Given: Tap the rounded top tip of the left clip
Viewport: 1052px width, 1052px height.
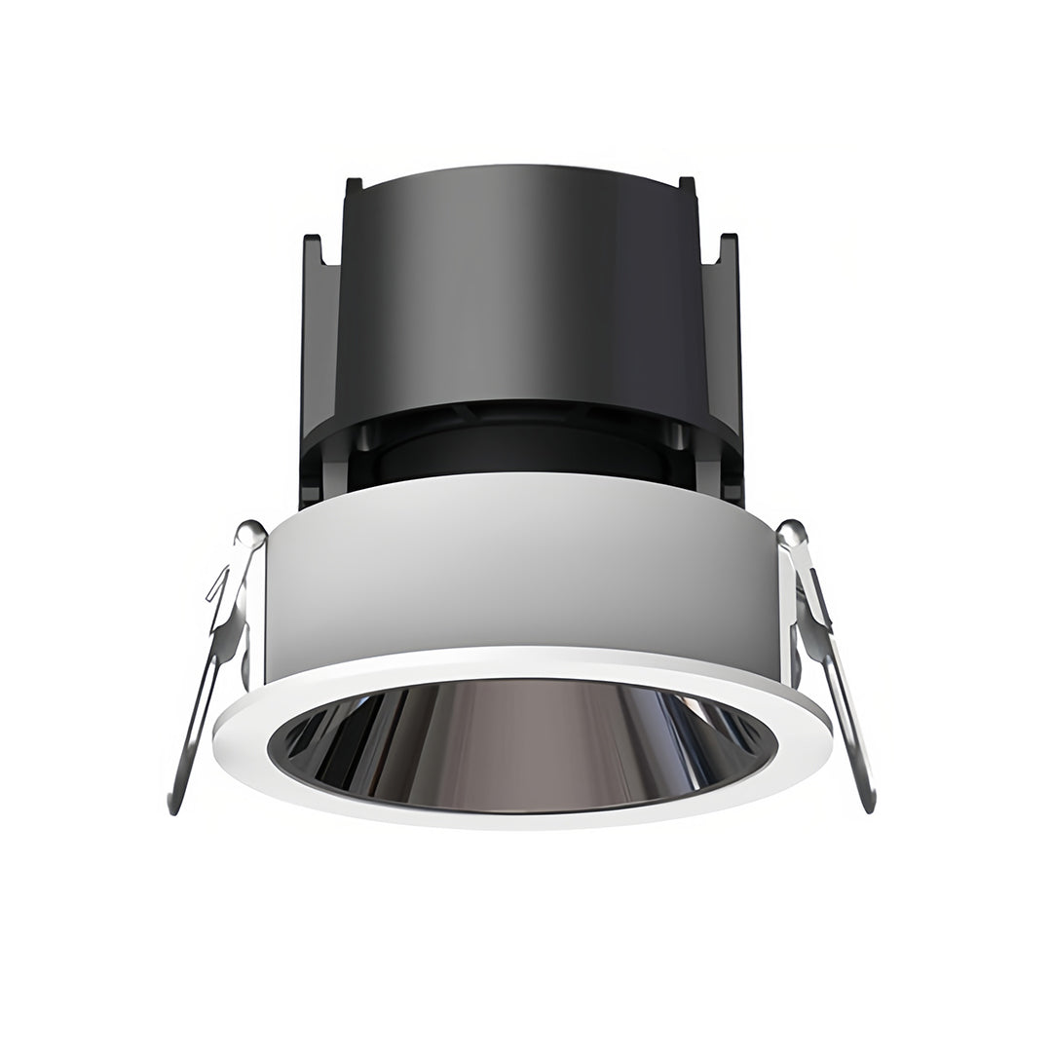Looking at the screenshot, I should [250, 532].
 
